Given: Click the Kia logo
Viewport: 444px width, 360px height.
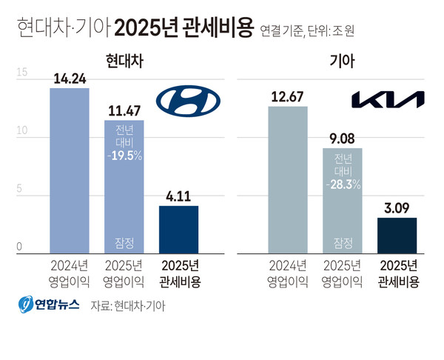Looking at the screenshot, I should pos(388,100).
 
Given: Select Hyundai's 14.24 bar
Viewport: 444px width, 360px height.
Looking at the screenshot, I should pos(69,170).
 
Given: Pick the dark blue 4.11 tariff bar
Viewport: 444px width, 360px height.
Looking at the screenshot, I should pos(178,229).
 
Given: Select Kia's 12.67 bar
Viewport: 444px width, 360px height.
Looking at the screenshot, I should pos(287,179).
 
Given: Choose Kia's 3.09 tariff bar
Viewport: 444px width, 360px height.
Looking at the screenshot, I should pos(397,235).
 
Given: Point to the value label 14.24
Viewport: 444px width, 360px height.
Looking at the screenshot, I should pos(69,79).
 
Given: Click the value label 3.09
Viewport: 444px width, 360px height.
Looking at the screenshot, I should pos(397,208).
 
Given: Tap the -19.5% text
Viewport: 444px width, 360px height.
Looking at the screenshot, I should pos(124,157).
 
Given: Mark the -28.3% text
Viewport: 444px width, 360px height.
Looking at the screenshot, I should pos(342,184).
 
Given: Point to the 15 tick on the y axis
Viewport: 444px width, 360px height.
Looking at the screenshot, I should pos(21,73).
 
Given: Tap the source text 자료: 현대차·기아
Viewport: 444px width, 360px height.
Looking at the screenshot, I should pos(128,305).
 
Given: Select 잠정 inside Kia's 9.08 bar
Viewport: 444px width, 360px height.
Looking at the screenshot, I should pos(342,241).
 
